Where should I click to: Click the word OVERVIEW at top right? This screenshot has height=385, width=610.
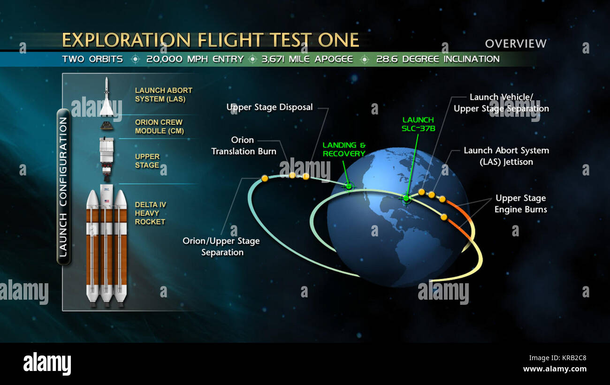[516, 44]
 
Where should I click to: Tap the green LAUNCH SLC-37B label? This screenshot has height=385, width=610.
[418, 124]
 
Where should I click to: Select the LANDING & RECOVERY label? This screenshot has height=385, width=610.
[344, 150]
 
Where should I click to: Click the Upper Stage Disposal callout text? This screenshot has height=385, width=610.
[269, 107]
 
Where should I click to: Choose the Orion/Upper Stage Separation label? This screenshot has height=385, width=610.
[221, 246]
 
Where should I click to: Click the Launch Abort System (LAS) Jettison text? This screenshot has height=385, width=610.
[506, 156]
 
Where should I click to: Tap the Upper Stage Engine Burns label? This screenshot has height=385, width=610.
[520, 204]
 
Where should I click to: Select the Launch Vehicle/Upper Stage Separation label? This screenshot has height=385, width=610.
[501, 103]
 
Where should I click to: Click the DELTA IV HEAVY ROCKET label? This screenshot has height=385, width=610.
[151, 213]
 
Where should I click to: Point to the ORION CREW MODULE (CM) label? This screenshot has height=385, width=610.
[159, 127]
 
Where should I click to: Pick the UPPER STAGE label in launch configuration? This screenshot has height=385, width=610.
[147, 161]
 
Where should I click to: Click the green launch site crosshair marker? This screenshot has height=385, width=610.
[406, 198]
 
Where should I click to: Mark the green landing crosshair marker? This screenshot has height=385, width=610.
[348, 186]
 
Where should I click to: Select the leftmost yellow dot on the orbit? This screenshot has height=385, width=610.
[265, 178]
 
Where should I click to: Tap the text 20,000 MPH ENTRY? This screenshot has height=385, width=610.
[195, 59]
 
